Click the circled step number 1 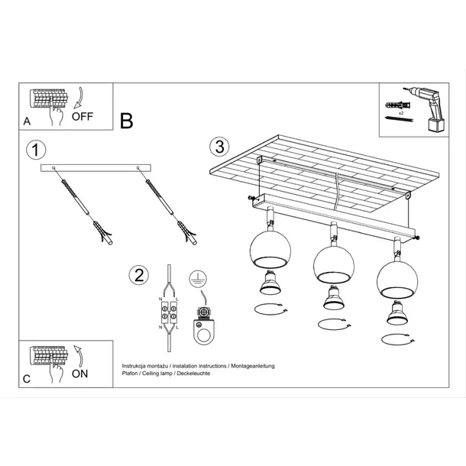point(31,148)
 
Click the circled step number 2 point(138,275)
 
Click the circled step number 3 point(219,145)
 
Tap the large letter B point(127,120)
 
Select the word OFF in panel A point(83,117)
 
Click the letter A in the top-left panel point(27,121)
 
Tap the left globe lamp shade point(268,250)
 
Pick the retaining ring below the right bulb point(396,338)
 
